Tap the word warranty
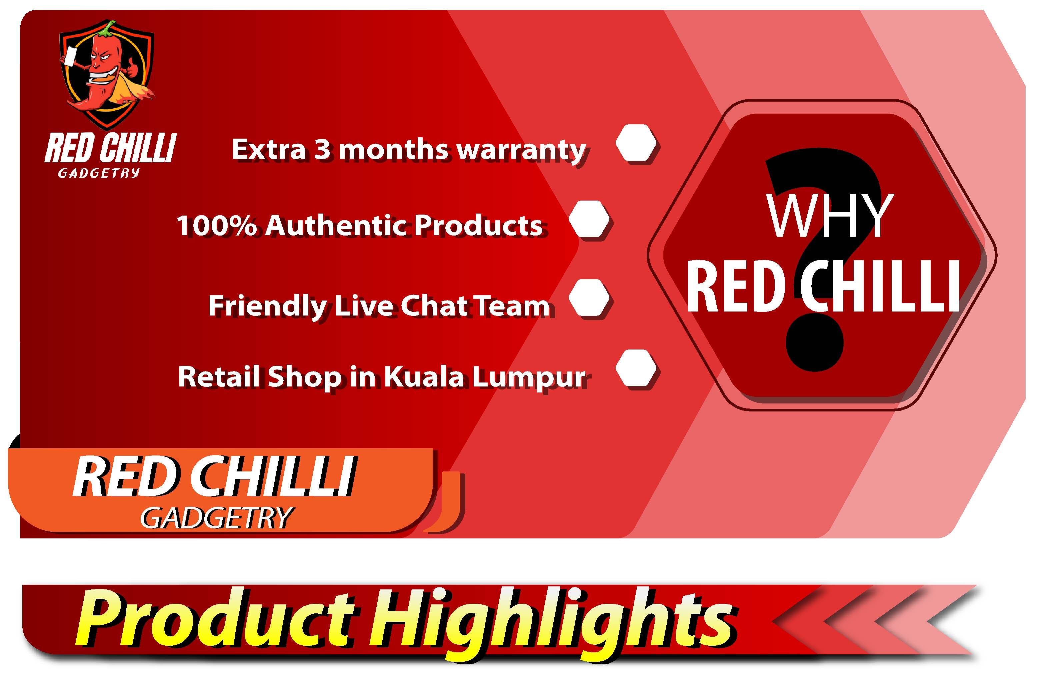coord(521,151)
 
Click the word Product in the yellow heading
coord(217,618)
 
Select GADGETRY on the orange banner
coord(216,517)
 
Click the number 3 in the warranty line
coord(322,149)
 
